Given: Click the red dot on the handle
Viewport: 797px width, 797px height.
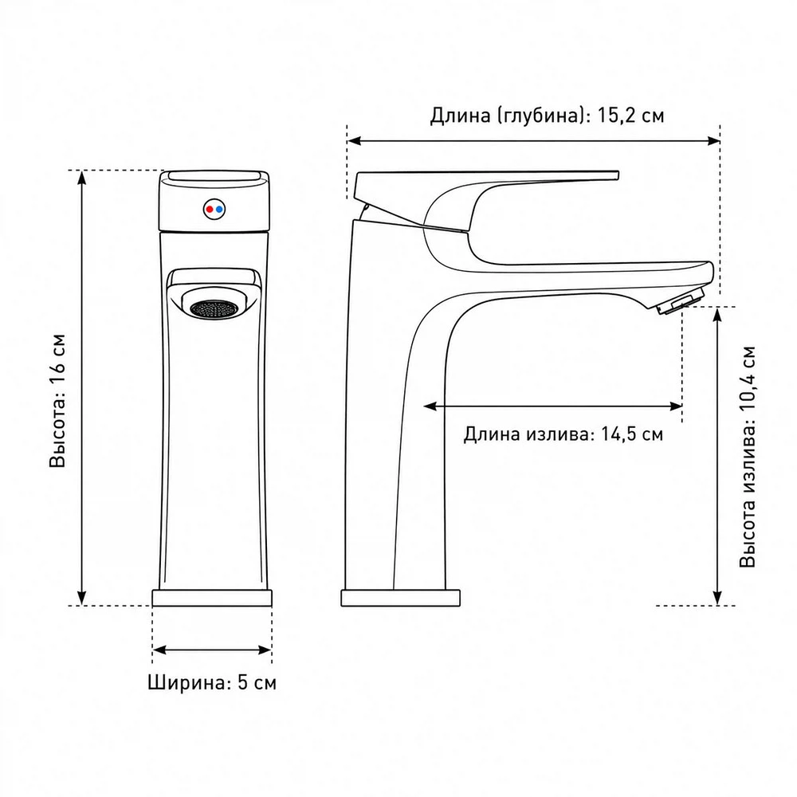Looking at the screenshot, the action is click(210, 209).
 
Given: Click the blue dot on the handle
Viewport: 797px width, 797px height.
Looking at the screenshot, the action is click(219, 209).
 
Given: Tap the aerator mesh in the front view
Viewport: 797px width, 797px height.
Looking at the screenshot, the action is click(214, 308).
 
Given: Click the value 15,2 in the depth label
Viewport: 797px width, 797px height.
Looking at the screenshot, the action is click(616, 116).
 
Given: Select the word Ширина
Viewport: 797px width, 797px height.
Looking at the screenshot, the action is click(186, 682).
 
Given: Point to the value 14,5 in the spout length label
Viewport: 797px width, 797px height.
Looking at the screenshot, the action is click(618, 434).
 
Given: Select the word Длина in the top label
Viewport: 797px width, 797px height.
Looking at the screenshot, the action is click(460, 116).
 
